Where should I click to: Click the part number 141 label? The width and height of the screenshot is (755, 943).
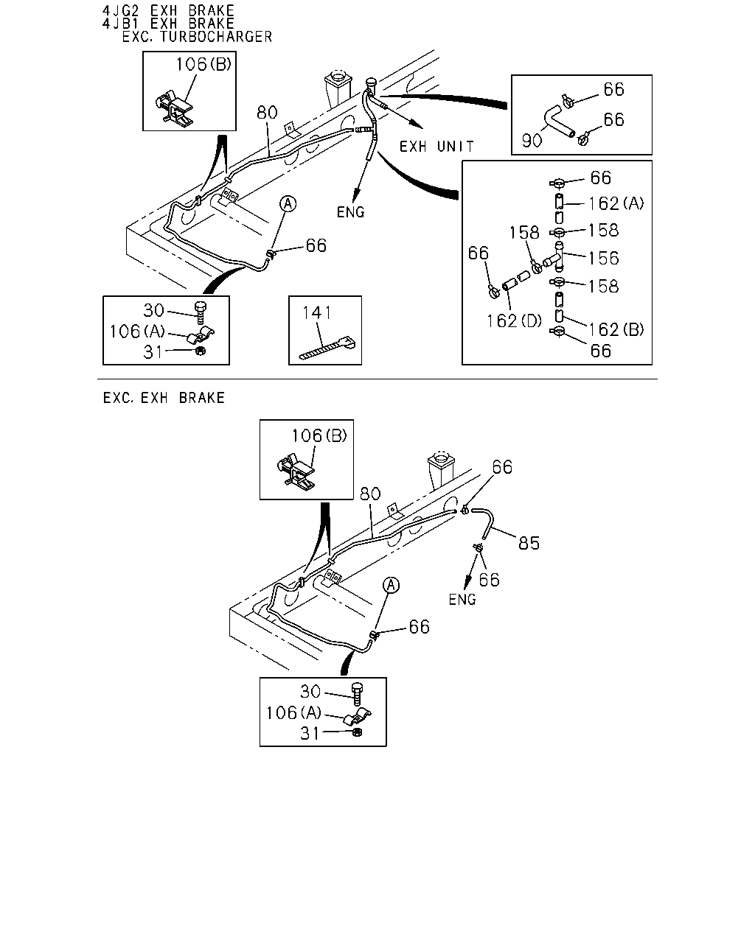[x=317, y=313]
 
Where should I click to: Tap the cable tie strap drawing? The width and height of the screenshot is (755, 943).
[x=327, y=348]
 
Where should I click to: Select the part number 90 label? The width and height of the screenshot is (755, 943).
[x=532, y=141]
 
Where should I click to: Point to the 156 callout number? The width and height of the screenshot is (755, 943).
[x=604, y=258]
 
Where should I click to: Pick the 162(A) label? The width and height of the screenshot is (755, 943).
[x=616, y=203]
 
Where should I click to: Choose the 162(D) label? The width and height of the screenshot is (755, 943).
[x=514, y=321]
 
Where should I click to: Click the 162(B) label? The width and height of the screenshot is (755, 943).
[x=616, y=329]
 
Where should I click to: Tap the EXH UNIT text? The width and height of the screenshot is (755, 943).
[x=436, y=147]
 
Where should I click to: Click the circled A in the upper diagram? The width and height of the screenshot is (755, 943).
[x=288, y=204]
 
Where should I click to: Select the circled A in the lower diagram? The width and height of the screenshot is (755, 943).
[x=391, y=585]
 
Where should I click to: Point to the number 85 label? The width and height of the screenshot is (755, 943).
[x=529, y=544]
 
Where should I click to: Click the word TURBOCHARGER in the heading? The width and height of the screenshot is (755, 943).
[x=216, y=37]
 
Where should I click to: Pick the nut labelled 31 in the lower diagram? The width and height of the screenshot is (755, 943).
[x=357, y=732]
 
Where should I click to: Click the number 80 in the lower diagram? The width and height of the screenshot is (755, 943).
[x=370, y=494]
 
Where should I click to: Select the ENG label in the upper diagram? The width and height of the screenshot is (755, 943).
[x=350, y=212]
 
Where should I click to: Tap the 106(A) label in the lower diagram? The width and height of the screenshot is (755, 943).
[x=293, y=713]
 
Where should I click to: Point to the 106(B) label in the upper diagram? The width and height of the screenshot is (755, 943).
[x=203, y=65]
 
